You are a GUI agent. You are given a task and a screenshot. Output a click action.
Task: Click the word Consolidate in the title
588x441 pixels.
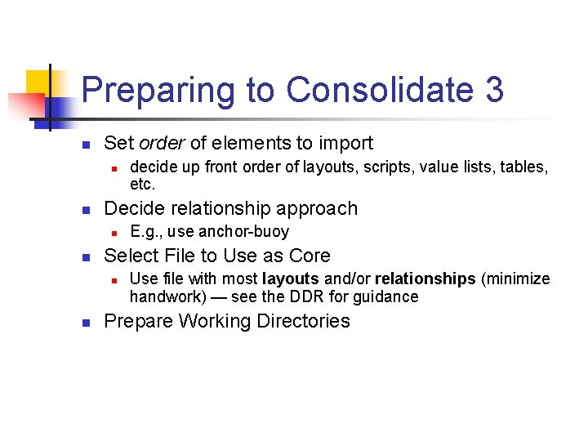click(x=381, y=91)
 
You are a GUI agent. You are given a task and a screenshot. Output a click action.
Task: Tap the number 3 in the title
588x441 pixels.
click(x=493, y=91)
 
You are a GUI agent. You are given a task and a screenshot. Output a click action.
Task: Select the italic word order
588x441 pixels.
click(x=162, y=144)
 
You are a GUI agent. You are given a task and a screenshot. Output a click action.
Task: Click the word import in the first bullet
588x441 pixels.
click(x=345, y=144)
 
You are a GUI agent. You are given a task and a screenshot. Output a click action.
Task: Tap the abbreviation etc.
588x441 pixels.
click(x=142, y=184)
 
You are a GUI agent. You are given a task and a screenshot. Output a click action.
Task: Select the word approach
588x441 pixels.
click(x=316, y=209)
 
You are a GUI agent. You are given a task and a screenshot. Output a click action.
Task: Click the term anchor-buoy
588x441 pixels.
click(x=241, y=232)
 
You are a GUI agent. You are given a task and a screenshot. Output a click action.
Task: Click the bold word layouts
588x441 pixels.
click(x=291, y=279)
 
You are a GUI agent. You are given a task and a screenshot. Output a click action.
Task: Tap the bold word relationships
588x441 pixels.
click(x=425, y=279)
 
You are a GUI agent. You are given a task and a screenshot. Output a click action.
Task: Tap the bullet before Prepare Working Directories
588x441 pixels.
click(x=86, y=322)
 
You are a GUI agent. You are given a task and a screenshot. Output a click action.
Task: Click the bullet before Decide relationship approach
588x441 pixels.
click(x=86, y=210)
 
